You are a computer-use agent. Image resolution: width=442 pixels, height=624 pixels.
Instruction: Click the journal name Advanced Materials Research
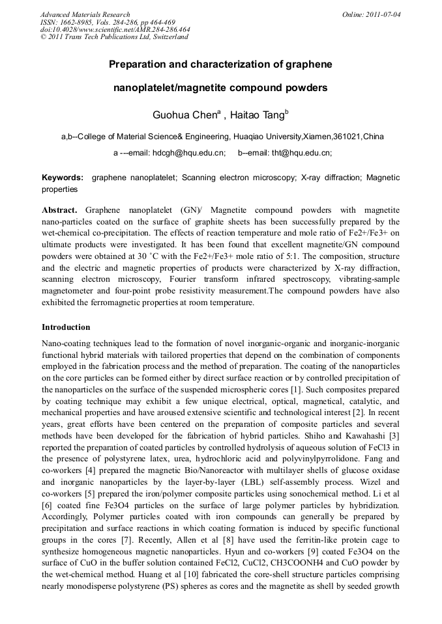[x=85, y=14]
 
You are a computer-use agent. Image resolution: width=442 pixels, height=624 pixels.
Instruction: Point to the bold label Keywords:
[x=63, y=178]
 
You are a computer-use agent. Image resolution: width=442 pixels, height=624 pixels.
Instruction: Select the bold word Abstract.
[x=59, y=211]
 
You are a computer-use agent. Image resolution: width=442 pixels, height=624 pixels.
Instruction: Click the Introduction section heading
[x=66, y=327]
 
